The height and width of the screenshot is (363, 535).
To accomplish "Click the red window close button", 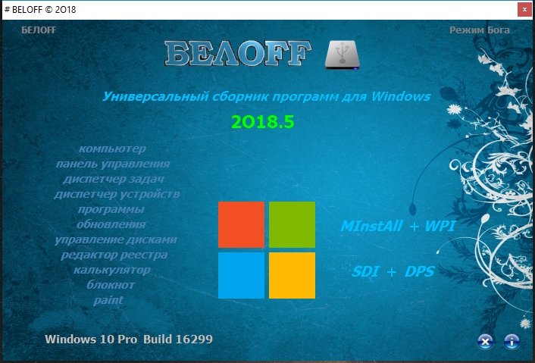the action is coord(524,10).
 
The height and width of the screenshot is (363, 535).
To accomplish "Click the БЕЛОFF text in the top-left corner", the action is coord(39,30).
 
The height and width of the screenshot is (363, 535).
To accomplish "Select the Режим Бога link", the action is coord(480,30).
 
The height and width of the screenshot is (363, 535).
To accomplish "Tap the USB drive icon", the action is coord(342,55).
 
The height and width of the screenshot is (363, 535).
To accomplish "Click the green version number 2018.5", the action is coord(263,122).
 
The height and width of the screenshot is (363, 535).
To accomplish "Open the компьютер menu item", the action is coord(112,149).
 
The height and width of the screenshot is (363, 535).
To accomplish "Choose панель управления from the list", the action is coord(113,164).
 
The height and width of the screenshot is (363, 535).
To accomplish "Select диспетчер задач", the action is coord(114,179).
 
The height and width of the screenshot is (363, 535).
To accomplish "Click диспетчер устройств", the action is coord(117,194).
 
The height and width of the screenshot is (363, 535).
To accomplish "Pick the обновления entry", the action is coord(111,224).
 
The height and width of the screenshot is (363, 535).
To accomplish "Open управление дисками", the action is coord(116,239).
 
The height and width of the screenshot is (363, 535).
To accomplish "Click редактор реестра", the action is coord(114,255).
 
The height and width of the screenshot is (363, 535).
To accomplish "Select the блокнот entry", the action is coord(111,285).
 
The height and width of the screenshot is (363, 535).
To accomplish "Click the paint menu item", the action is coord(108,300).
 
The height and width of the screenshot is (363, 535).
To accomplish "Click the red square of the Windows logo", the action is coord(241,224).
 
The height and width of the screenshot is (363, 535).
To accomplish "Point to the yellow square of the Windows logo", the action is coord(292,275).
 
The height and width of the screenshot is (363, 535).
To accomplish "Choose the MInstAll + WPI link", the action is coord(398,226).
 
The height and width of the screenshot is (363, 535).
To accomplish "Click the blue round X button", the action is coord(485,341).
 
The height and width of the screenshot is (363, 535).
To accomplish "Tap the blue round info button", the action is coord(512,341).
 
